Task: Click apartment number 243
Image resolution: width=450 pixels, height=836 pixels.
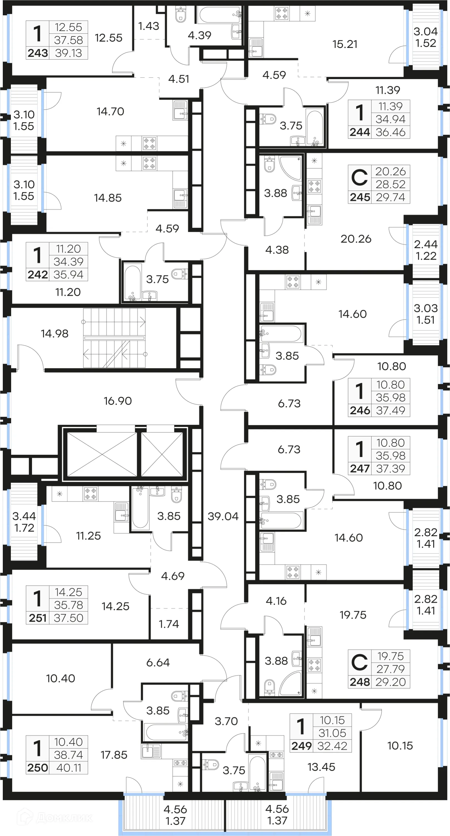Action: pyautogui.click(x=38, y=53)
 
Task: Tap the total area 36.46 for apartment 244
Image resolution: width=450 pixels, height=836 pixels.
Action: pyautogui.click(x=390, y=132)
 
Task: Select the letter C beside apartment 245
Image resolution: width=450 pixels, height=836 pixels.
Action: pyautogui.click(x=359, y=178)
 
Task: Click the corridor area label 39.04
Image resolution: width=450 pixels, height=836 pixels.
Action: pyautogui.click(x=223, y=516)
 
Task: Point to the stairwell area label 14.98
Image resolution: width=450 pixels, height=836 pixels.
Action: pyautogui.click(x=55, y=333)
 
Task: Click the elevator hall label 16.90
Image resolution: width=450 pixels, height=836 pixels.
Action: pyautogui.click(x=118, y=401)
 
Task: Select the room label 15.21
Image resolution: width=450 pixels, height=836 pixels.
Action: pyautogui.click(x=345, y=44)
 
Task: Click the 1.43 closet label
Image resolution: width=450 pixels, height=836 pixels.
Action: pyautogui.click(x=148, y=26)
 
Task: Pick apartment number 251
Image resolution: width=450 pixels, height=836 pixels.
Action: pyautogui.click(x=38, y=618)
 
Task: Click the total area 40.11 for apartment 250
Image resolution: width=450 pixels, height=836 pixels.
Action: pyautogui.click(x=69, y=768)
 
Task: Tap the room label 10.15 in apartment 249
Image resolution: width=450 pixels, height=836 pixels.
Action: pyautogui.click(x=400, y=745)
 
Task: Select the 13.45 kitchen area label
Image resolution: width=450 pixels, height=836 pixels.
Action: pyautogui.click(x=321, y=767)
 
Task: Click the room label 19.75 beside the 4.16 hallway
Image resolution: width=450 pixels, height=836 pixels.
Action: pyautogui.click(x=353, y=615)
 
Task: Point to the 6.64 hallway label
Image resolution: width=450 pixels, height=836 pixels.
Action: pyautogui.click(x=158, y=662)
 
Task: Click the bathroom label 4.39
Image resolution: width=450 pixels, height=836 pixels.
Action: pyautogui.click(x=199, y=35)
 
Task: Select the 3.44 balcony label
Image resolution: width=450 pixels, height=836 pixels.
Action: pyautogui.click(x=24, y=516)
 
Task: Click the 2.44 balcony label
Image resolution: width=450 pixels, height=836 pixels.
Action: pyautogui.click(x=426, y=244)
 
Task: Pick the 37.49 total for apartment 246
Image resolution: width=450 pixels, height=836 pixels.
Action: pyautogui.click(x=390, y=410)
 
